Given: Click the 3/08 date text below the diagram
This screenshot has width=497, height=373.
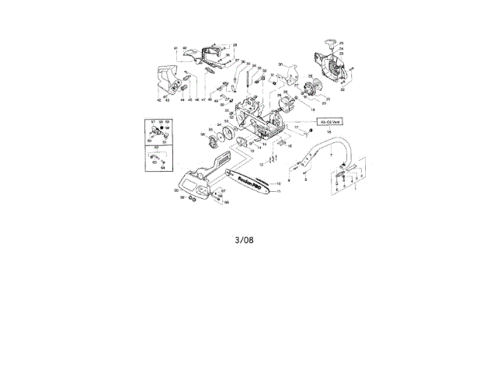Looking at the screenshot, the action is coord(244,240).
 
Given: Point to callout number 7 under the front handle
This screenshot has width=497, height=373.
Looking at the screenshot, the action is coord(332,157).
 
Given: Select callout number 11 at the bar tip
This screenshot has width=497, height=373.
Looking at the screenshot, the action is coord(279,191).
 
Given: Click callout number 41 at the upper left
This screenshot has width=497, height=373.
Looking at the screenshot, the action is coord(176,49).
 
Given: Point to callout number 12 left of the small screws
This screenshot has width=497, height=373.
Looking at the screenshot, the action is coord(261,166).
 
